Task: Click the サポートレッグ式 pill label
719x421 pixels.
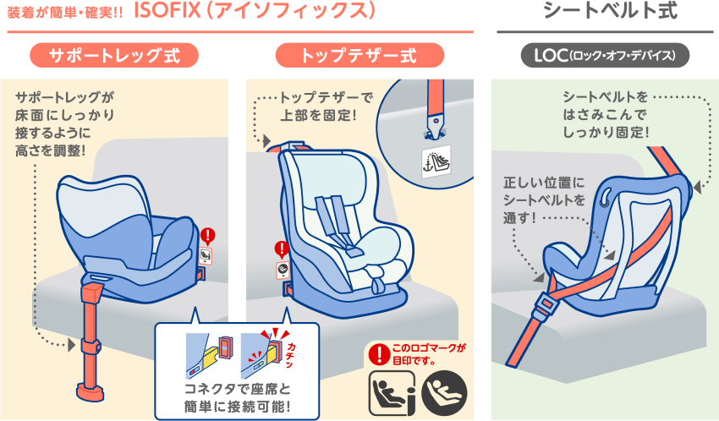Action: click(x=113, y=56)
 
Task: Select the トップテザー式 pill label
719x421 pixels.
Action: click(x=359, y=56)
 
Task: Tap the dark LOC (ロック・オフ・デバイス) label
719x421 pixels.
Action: click(x=605, y=56)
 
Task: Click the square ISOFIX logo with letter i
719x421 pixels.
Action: click(x=391, y=391)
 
